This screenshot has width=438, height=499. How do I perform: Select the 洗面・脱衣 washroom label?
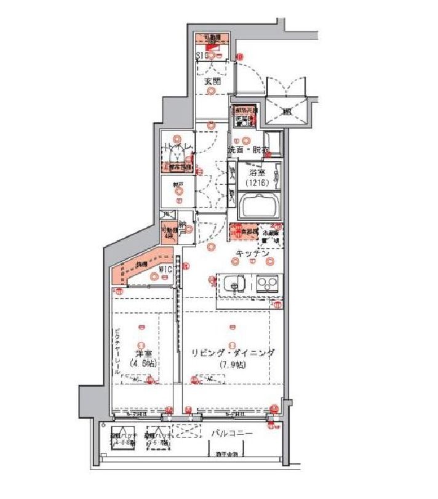248,150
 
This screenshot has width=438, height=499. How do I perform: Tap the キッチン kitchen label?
253,253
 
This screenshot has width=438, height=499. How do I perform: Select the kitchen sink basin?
233,284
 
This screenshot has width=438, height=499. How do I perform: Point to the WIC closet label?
164,269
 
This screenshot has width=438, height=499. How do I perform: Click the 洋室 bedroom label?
143,354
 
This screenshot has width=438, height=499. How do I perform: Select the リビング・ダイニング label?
233,353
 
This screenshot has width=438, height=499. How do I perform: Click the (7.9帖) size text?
232,363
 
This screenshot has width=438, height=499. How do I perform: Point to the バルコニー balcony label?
232,434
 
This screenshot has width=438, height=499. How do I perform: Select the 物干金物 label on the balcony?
227,454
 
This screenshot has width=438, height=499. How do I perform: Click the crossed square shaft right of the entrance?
286,112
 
